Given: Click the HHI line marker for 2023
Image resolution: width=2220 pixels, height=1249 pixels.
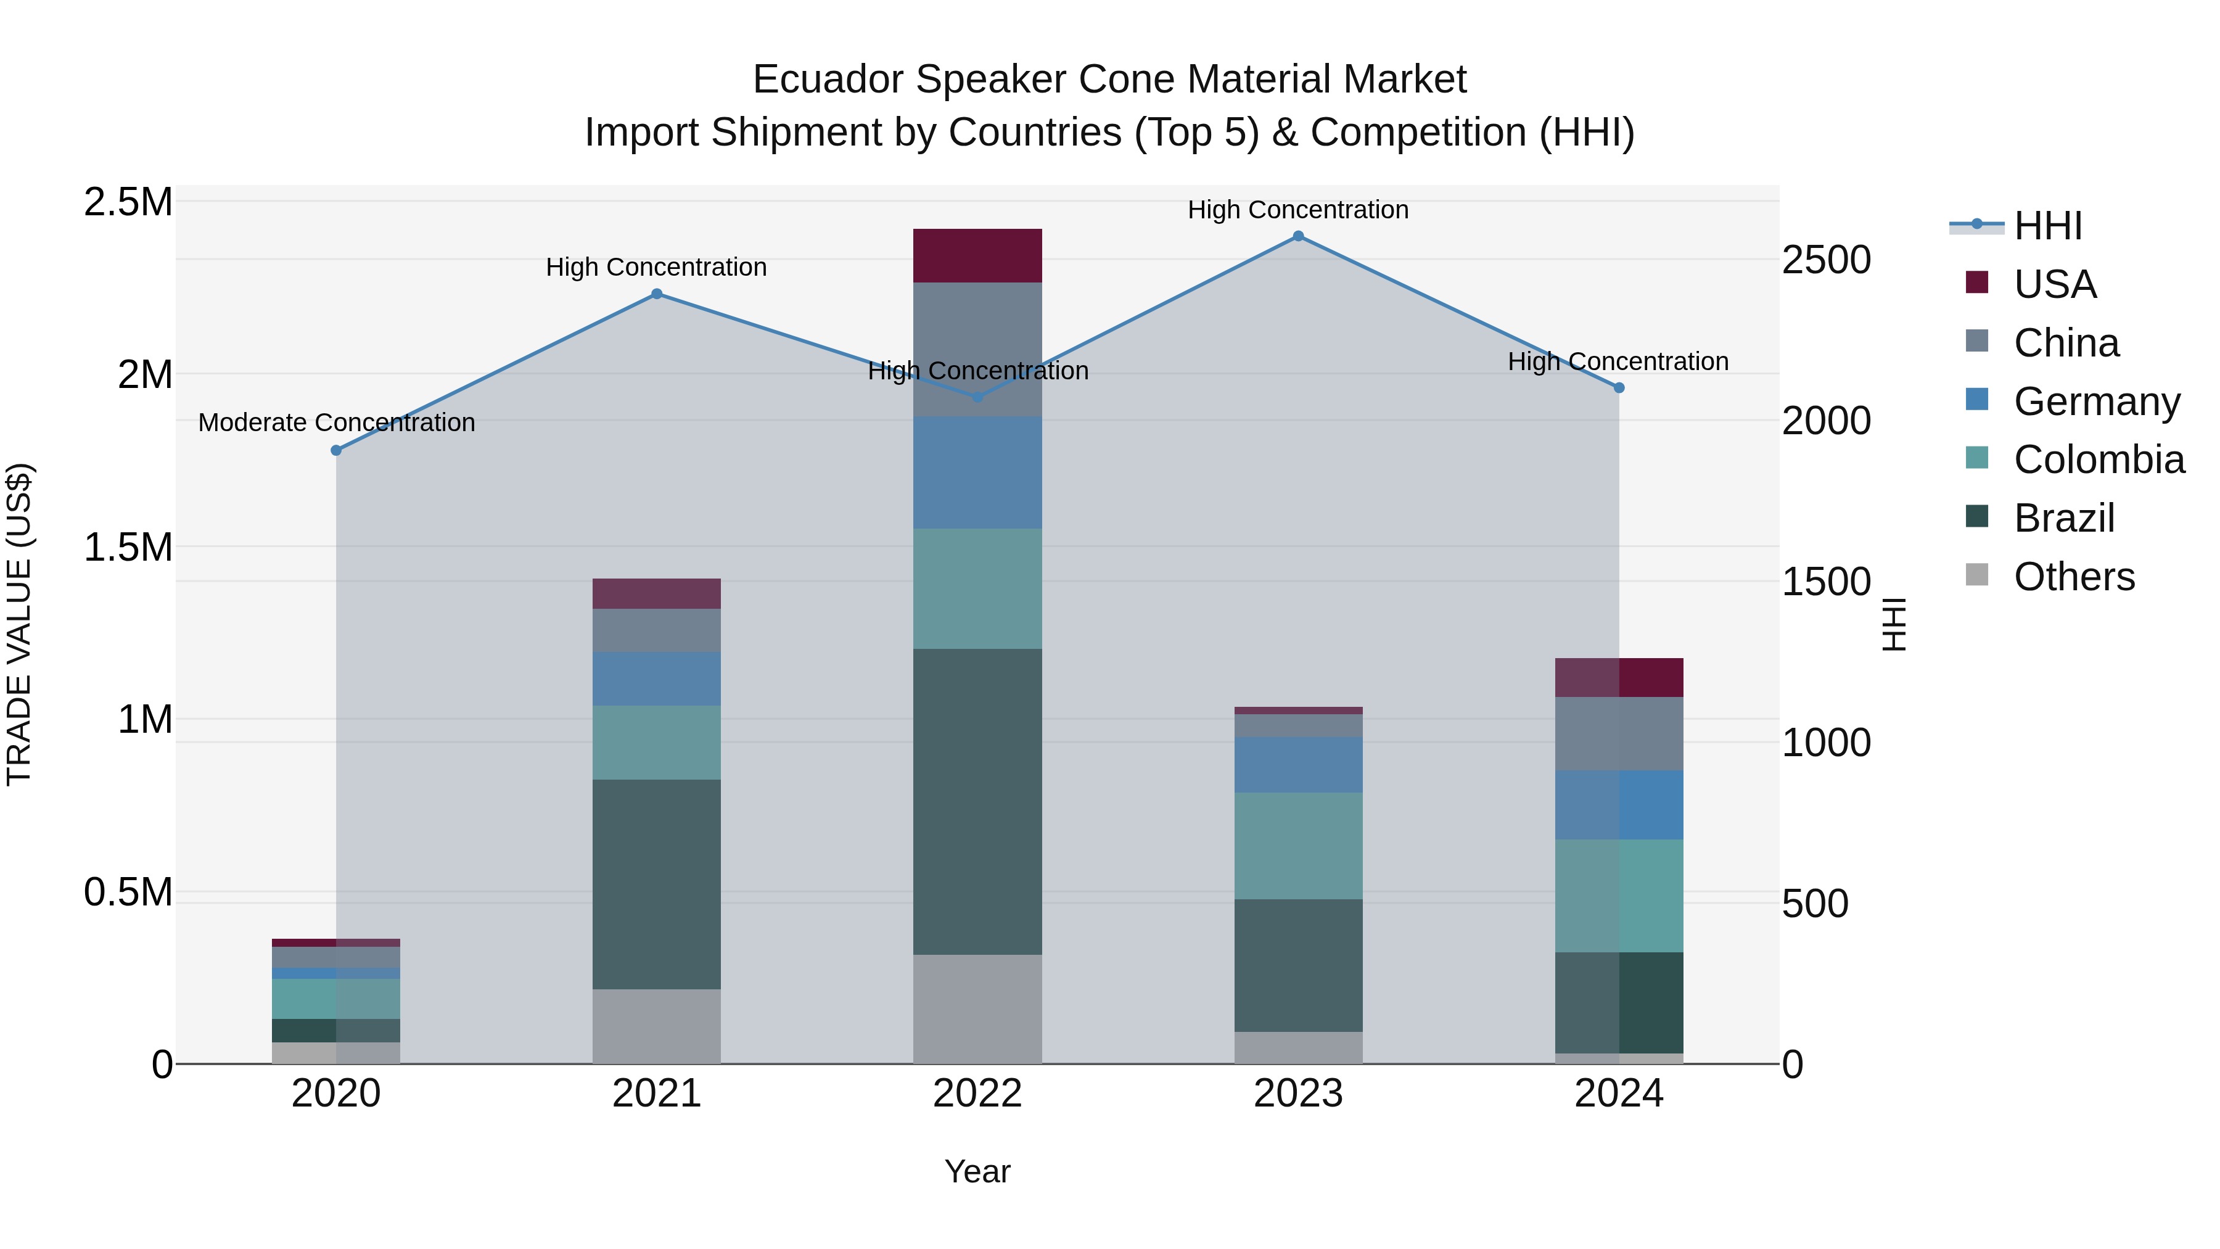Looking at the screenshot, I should coord(1298,236).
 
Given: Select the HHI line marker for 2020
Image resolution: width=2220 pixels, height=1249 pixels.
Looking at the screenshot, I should coord(336,451).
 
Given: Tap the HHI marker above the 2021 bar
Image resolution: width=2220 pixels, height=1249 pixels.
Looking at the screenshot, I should coord(657,294).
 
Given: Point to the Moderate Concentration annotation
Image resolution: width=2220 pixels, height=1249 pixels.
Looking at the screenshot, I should coord(336,423).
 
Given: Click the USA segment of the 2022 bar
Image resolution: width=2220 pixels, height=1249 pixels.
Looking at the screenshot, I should coord(977,256).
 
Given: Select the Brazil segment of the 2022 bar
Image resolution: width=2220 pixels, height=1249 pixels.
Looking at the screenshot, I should coord(977,802).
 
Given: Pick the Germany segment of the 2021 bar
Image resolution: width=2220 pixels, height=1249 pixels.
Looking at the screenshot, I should coord(657,679).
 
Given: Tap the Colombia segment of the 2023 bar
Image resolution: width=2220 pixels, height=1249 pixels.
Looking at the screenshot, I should coord(1298,846).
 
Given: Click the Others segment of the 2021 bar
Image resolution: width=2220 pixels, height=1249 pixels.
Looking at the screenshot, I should coord(657,1026).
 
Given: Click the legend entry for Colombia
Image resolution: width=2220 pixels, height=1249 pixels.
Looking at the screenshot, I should coord(2099,460).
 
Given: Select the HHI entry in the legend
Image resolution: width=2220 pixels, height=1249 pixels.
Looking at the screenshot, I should coord(2047,226).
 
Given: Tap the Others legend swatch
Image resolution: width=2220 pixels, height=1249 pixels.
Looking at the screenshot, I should coord(1977,575).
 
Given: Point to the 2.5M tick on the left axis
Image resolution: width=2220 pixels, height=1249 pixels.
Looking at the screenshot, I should coord(128,202).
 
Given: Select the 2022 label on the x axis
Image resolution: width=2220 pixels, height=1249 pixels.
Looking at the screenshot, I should coord(977,1094).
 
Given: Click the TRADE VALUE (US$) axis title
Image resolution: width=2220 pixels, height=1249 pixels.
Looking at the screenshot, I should coord(19,624).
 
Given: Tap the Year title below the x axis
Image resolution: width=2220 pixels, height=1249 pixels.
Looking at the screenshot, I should coord(977,1171).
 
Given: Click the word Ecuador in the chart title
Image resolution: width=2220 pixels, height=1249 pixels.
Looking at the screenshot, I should coord(828,80).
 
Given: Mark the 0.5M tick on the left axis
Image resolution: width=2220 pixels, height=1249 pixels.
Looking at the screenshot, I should coord(128,892).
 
